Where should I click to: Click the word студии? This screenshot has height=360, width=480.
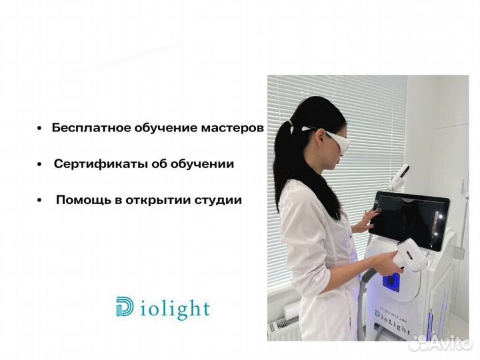219,200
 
